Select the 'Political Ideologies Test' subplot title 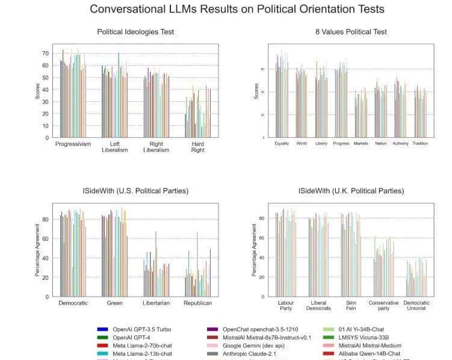click(x=135, y=32)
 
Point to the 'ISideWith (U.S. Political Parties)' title click(x=136, y=191)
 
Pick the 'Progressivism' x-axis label click(x=73, y=144)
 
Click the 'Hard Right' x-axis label click(x=197, y=147)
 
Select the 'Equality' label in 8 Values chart click(x=282, y=144)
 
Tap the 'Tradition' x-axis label click(x=421, y=144)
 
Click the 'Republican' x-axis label click(x=197, y=303)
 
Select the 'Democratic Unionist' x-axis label click(x=416, y=306)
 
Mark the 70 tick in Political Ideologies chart click(x=45, y=54)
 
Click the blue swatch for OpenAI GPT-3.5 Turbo click(x=102, y=329)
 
